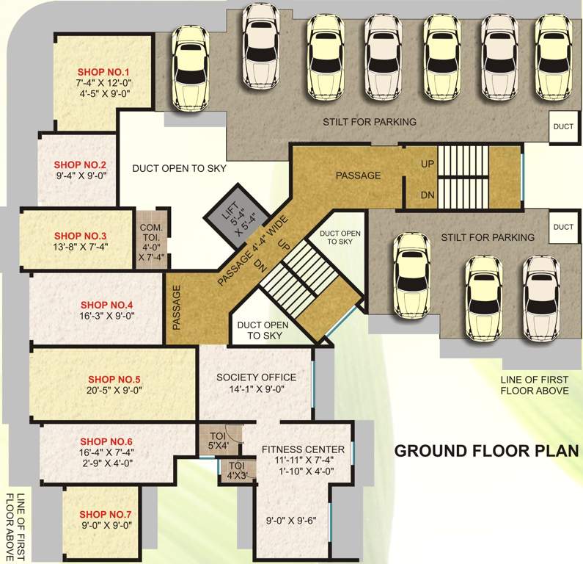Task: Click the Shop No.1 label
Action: click(103, 72)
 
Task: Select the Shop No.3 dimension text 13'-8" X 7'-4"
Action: click(80, 248)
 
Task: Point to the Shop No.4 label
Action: click(106, 304)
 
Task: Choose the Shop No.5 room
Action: click(111, 385)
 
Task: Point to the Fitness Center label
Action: click(303, 449)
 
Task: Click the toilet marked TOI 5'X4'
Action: click(213, 441)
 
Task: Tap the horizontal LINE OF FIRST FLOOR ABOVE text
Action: click(534, 385)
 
